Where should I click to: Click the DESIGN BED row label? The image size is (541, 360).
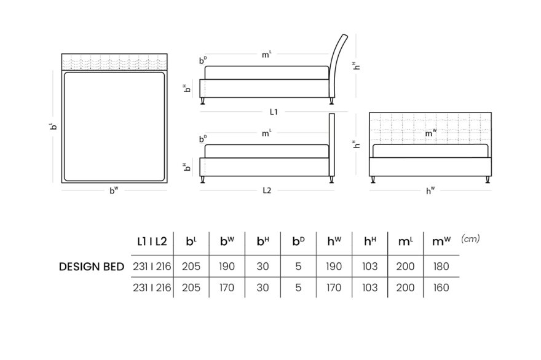pos(92,267)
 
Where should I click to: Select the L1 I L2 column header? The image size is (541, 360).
pos(152,241)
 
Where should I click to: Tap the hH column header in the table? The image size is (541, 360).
pos(370,241)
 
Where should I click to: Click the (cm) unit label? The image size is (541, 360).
pos(470,238)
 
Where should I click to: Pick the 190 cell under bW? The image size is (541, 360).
pos(227,267)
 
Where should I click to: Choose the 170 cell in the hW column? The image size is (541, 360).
pos(334,288)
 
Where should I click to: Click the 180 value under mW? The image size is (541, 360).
pos(441,267)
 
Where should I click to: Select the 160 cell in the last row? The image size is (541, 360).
pos(441,288)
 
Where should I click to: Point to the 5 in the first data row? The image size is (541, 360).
pos(298,267)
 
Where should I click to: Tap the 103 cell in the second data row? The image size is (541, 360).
pos(370,288)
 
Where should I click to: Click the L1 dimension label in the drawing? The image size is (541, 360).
pos(274,112)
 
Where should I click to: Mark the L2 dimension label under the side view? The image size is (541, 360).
pos(267,190)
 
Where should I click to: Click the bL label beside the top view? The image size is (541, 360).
pos(53,126)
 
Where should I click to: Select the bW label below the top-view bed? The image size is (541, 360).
pos(114,190)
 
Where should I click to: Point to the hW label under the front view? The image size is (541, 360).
pos(430,190)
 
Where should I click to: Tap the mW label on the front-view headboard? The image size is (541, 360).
pos(430,133)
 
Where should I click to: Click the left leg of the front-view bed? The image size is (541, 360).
pos(373,179)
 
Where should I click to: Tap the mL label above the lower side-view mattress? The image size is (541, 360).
pos(266,133)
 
